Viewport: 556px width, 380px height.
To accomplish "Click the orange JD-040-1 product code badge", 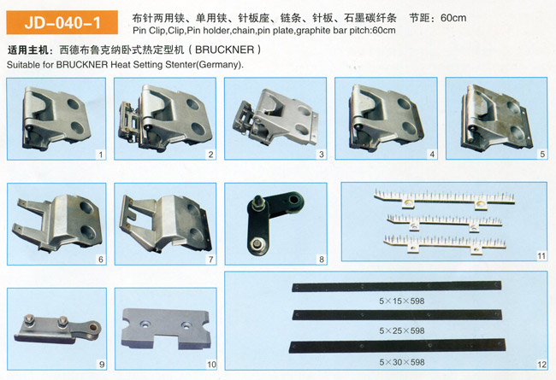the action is pos(62,22).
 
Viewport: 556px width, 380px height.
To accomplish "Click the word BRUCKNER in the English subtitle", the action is pos(82,65).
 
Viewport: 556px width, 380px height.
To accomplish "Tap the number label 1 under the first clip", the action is pos(101,155).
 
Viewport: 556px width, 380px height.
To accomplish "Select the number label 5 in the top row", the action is pos(542,154).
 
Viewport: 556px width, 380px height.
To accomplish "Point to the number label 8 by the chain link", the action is pos(322,260).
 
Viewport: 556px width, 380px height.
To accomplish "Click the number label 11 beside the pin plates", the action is pos(541,255).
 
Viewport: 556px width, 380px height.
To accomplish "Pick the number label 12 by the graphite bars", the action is pos(541,365).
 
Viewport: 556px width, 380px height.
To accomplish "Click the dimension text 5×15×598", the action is pos(402,301).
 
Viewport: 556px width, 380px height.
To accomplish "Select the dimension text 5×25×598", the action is pos(402,330).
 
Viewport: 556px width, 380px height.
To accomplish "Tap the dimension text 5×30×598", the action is pos(402,362).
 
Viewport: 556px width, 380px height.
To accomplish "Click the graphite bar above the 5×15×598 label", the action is pos(396,286).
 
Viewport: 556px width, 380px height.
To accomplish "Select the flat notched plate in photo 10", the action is pos(166,329).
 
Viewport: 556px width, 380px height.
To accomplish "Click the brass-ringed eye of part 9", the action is pos(95,326).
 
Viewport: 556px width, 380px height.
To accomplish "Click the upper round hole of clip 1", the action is pos(74,104).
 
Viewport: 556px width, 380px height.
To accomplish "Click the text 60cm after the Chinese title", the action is pos(453,18).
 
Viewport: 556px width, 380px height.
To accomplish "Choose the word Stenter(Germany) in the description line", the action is pos(205,65).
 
